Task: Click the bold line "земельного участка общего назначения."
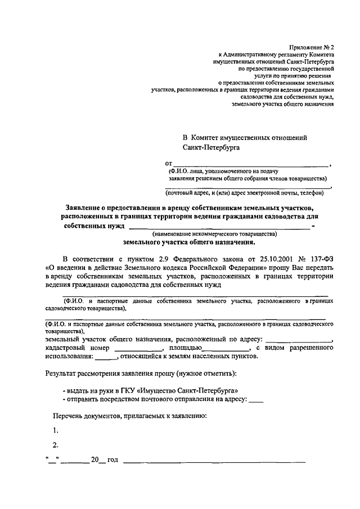(x=189, y=242)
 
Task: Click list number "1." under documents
(x=56, y=431)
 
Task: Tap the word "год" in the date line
(x=112, y=461)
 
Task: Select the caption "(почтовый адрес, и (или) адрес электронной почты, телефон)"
(x=244, y=193)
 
